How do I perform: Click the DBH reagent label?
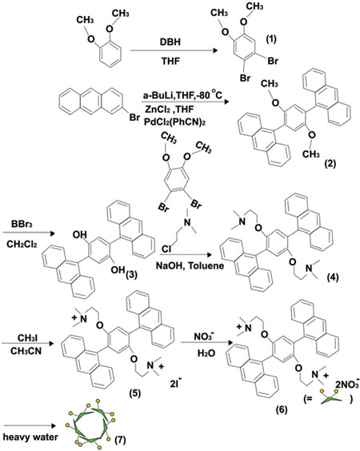170,42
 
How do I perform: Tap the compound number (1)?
270,39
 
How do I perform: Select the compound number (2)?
330,164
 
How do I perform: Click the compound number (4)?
333,277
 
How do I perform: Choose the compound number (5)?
135,393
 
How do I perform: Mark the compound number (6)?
281,409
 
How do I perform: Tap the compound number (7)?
120,440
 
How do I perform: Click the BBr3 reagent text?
22,224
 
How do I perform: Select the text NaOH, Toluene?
190,265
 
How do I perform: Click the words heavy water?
30,437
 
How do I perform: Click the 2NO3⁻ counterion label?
347,384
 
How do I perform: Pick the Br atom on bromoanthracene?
134,118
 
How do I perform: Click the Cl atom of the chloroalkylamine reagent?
166,249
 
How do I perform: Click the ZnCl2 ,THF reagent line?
170,110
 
